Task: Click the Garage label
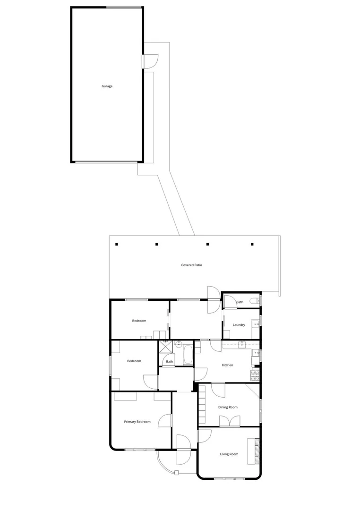tap(107, 86)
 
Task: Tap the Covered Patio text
tap(191, 265)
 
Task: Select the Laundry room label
tap(239, 325)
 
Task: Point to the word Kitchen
tap(227, 365)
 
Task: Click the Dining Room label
tap(227, 407)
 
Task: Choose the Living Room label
tap(229, 454)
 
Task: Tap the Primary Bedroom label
tap(137, 422)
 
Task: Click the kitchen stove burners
tap(255, 375)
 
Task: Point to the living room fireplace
tap(255, 451)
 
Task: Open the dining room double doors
tap(230, 421)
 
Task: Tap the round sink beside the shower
tap(179, 344)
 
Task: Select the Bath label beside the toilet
tap(240, 302)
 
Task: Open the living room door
tap(204, 435)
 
